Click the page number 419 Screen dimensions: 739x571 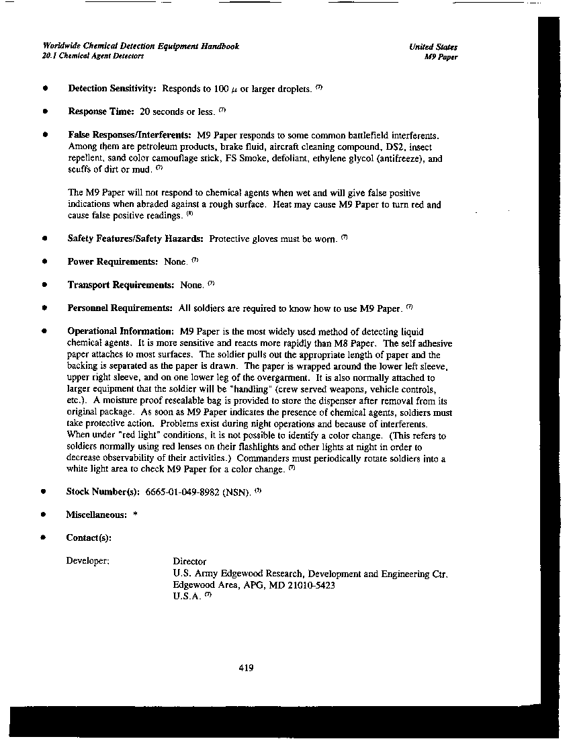pos(246,668)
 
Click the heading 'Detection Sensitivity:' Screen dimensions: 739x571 pos(112,89)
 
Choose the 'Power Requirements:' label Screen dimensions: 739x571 pos(113,262)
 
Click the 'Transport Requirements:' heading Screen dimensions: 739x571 pos(121,285)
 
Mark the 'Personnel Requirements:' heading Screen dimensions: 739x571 pos(120,308)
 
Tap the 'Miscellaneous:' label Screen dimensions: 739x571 pos(96,515)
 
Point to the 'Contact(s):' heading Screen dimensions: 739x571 pos(89,537)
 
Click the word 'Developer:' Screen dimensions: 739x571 pos(88,561)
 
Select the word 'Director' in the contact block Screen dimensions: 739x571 pos(189,561)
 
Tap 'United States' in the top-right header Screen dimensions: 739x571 pos(433,47)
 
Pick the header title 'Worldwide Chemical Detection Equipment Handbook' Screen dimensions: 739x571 pos(140,46)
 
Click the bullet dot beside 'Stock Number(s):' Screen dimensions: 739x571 pos(44,492)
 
